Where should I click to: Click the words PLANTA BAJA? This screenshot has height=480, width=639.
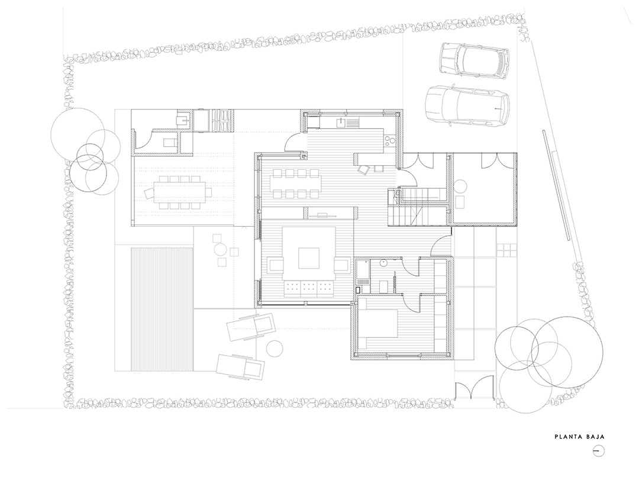pos(579,437)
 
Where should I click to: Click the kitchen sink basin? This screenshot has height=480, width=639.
pos(341,121)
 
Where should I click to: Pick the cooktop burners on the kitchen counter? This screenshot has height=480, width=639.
pos(389,141)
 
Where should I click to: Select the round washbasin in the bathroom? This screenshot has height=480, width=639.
pos(384,263)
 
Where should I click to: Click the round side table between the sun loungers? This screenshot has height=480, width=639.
pos(275,349)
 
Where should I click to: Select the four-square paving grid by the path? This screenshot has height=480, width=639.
pos(506,250)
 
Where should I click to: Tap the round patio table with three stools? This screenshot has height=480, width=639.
pos(221,249)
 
